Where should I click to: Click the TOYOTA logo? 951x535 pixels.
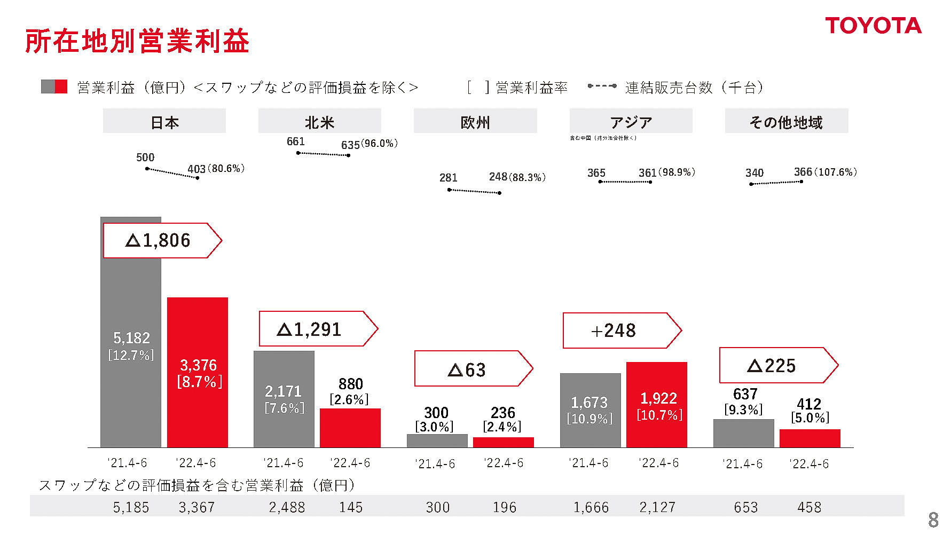click(x=873, y=26)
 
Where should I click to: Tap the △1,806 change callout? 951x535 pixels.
click(x=160, y=240)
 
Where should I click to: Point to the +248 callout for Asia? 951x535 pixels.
click(x=619, y=331)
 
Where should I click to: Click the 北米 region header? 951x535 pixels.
click(x=319, y=122)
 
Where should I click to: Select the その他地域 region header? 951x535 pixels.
click(x=786, y=122)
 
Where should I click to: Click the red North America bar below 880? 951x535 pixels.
click(x=350, y=428)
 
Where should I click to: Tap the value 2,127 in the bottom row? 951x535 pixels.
click(x=657, y=507)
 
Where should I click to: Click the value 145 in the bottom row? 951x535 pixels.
click(x=351, y=507)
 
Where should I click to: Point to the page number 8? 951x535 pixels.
click(x=933, y=520)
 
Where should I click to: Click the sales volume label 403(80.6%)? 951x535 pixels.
click(x=216, y=169)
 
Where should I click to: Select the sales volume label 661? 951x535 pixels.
click(x=295, y=141)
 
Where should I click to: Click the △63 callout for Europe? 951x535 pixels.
click(x=470, y=369)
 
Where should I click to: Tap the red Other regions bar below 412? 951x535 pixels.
click(x=809, y=438)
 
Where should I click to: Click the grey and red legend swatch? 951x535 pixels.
click(x=54, y=87)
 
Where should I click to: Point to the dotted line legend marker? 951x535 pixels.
click(x=602, y=86)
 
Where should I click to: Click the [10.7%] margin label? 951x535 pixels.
click(x=659, y=415)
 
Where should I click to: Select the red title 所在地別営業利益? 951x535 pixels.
click(x=137, y=41)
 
